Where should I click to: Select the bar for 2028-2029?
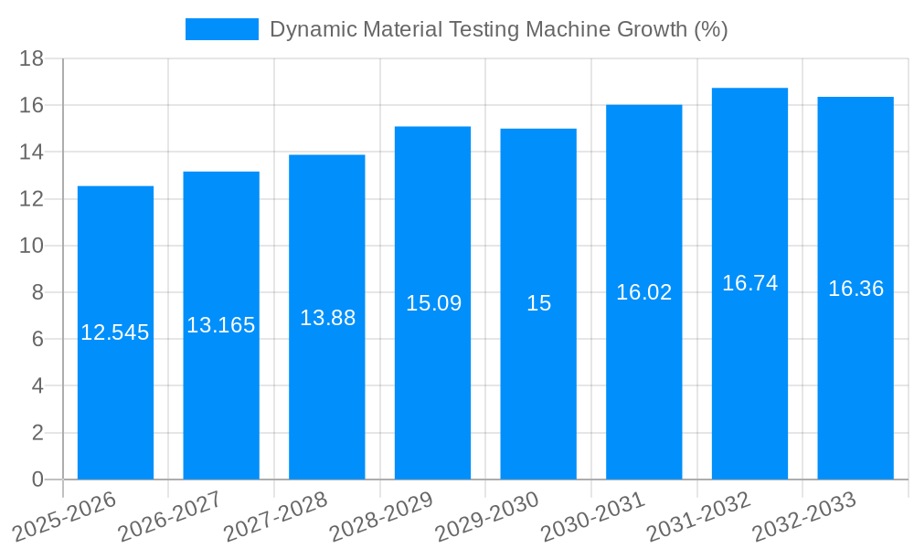pos(432,393)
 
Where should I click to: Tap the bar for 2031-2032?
pos(749,384)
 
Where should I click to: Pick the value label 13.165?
pos(221,325)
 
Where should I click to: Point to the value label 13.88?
pos(327,318)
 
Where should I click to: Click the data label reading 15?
pos(539,303)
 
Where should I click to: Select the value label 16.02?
pos(643,292)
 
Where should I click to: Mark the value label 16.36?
pos(856,289)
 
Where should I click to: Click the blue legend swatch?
pos(221,29)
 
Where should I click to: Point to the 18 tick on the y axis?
pos(32,58)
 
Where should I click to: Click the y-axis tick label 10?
pos(32,246)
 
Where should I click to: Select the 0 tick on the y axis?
pos(37,479)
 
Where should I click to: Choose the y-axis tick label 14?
pos(32,152)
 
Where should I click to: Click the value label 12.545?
pos(115,332)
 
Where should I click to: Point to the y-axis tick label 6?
pos(37,339)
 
